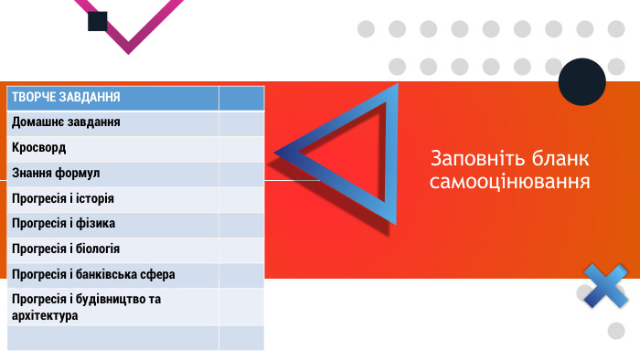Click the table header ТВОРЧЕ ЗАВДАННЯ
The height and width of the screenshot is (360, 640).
pyautogui.click(x=66, y=98)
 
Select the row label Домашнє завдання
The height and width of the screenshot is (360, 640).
pyautogui.click(x=66, y=122)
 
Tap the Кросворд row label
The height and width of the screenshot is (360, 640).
pyautogui.click(x=39, y=148)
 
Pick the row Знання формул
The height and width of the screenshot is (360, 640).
pyautogui.click(x=56, y=173)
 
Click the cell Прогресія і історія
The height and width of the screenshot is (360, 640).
pyautogui.click(x=62, y=198)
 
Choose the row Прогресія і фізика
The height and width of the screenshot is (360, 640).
pyautogui.click(x=62, y=224)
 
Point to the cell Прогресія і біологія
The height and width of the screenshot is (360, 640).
pyautogui.click(x=66, y=249)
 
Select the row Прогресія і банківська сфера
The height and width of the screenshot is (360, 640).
pyautogui.click(x=92, y=274)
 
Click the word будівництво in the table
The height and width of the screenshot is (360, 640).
pyautogui.click(x=120, y=299)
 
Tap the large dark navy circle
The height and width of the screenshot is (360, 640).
pyautogui.click(x=581, y=81)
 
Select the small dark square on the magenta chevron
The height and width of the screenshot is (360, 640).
pyautogui.click(x=98, y=21)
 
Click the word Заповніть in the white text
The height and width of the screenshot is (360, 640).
pyautogui.click(x=471, y=156)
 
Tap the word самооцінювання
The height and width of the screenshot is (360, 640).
pyautogui.click(x=509, y=181)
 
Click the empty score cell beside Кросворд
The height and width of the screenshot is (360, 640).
pyautogui.click(x=241, y=148)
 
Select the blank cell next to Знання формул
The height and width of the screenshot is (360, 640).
pyautogui.click(x=241, y=173)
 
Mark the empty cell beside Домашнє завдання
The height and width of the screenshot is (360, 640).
pyautogui.click(x=241, y=122)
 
